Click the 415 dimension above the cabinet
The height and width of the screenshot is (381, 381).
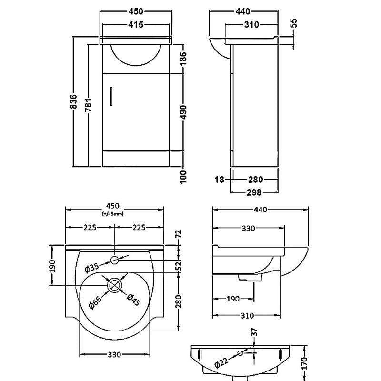(x=136, y=25)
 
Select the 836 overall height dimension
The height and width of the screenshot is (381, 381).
(x=74, y=102)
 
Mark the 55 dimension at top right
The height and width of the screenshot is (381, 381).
(x=293, y=23)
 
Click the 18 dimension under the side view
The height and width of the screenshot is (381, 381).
(x=220, y=180)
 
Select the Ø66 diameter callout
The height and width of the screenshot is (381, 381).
(x=94, y=301)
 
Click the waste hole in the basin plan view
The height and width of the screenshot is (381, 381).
(x=115, y=285)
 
